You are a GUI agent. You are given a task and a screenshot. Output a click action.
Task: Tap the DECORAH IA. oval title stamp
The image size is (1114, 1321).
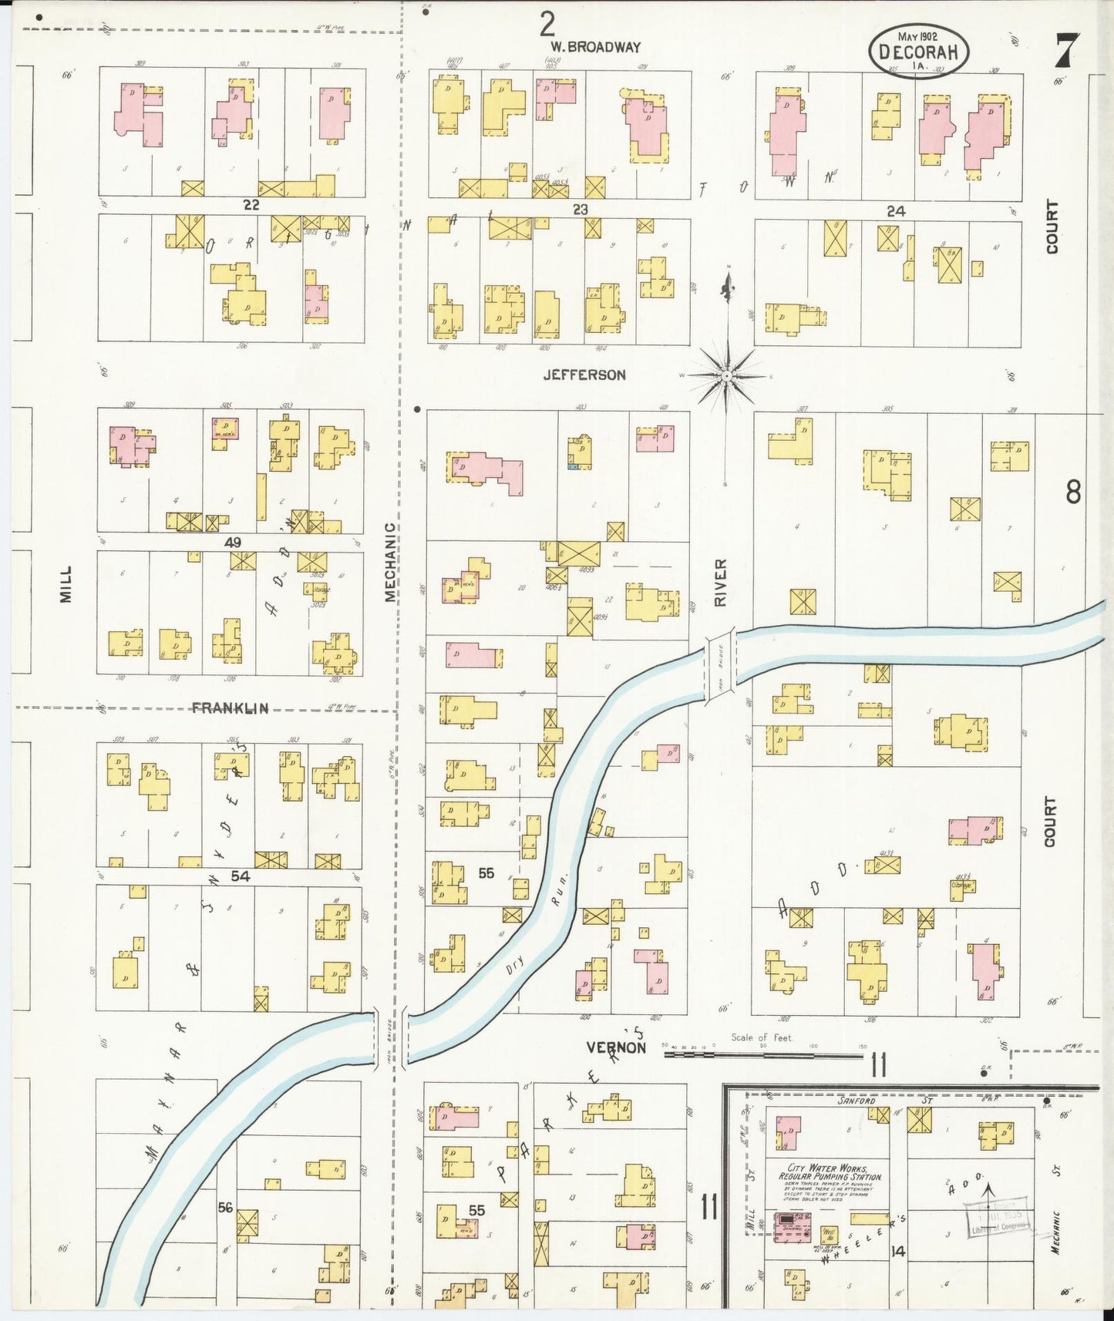tap(918, 52)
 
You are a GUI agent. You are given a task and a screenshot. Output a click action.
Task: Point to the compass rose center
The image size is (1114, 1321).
tap(727, 375)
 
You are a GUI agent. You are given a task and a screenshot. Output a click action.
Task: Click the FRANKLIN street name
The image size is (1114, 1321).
tap(230, 708)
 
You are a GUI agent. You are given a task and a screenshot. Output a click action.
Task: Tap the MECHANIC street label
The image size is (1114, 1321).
tap(391, 562)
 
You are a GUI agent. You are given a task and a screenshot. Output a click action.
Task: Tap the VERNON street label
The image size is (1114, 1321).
tap(616, 1047)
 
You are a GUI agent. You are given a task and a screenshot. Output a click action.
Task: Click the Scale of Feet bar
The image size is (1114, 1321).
tap(763, 1054)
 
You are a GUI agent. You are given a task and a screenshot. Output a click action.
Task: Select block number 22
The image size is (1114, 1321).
tap(251, 205)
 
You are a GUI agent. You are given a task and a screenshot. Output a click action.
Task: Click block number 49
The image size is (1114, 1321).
tap(233, 543)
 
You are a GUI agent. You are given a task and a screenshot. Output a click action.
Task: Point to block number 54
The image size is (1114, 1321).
tap(241, 876)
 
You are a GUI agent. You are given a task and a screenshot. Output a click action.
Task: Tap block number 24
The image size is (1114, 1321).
tap(895, 210)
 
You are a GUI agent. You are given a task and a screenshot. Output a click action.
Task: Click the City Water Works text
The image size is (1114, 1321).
tap(823, 1172)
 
